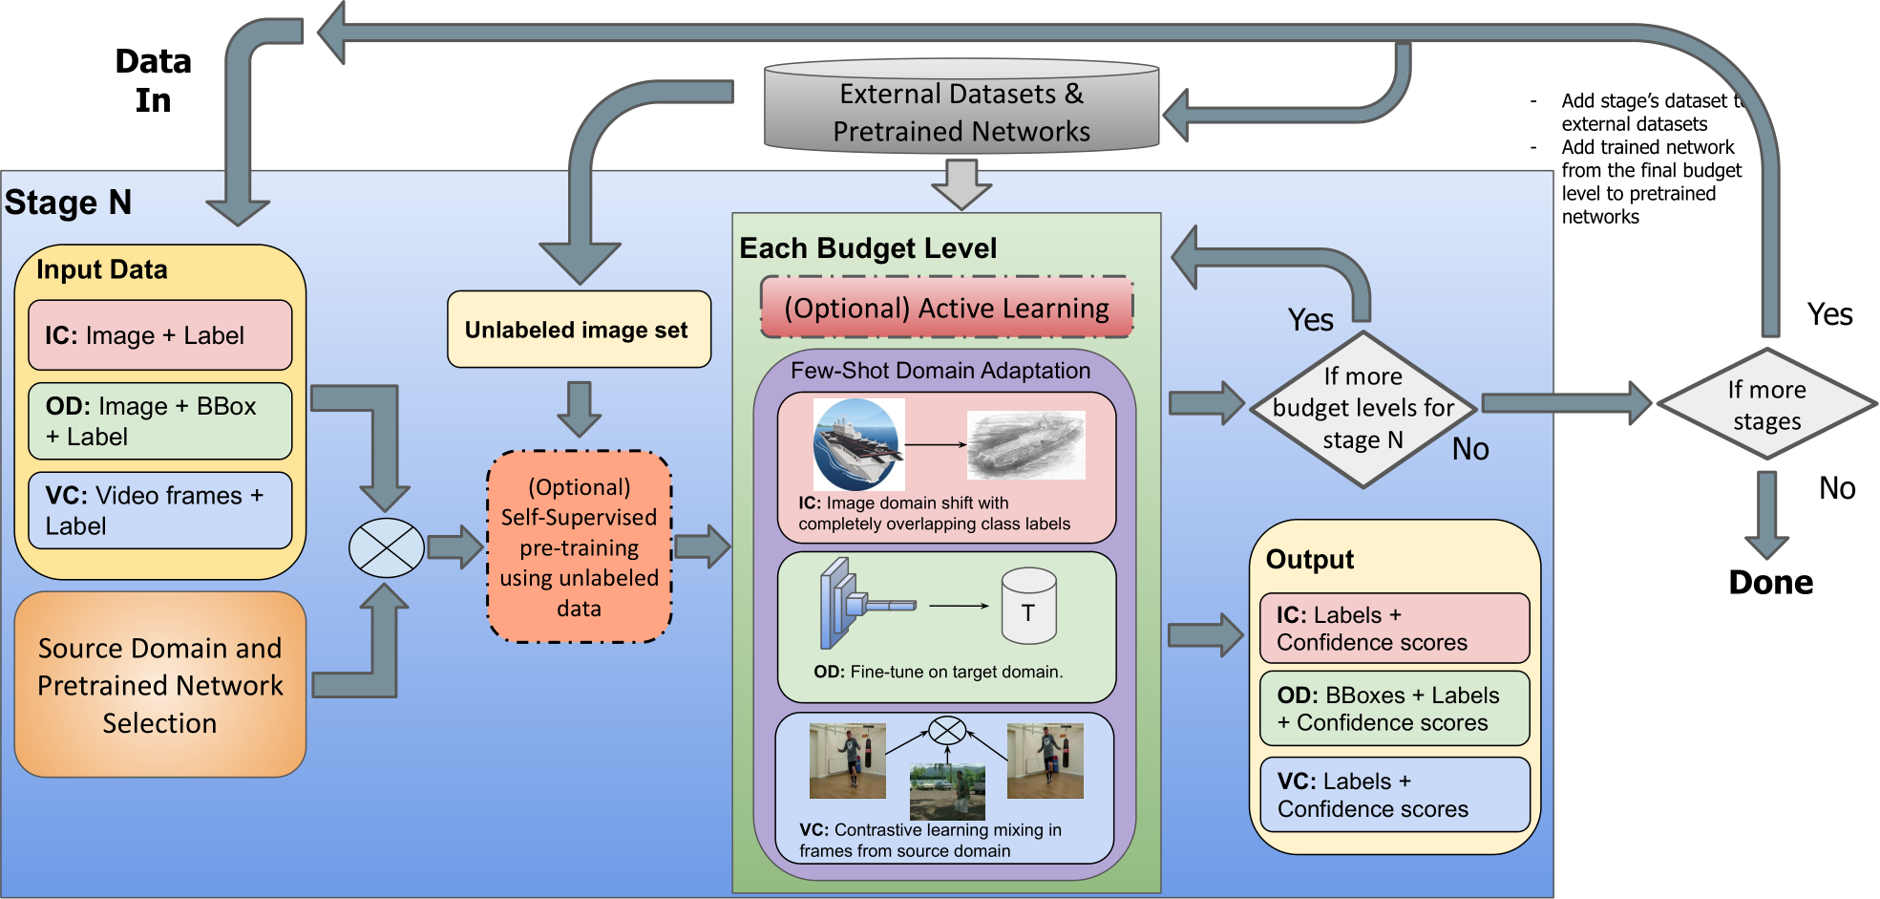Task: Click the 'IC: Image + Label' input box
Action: pos(159,335)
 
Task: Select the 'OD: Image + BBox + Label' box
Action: pos(159,421)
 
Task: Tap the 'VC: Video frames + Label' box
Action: pos(159,510)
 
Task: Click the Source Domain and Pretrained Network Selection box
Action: pos(159,685)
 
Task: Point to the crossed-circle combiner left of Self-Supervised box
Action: pos(386,548)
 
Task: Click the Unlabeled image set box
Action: pos(579,330)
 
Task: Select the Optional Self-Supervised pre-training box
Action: pos(579,547)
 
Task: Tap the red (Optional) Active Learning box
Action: pos(946,308)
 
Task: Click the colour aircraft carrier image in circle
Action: pos(856,444)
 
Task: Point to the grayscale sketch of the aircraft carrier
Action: pos(1026,444)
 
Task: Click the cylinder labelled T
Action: pos(1028,608)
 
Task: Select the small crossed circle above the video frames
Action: pos(947,731)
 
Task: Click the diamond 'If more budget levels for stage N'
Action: pos(1362,409)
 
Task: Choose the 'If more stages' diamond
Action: pos(1766,405)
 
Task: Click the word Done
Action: pos(1769,583)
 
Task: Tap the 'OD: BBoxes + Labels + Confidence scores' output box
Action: pos(1394,709)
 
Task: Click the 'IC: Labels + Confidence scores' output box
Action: pos(1394,629)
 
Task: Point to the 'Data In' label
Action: pos(153,80)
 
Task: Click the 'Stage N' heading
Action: pos(68,203)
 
